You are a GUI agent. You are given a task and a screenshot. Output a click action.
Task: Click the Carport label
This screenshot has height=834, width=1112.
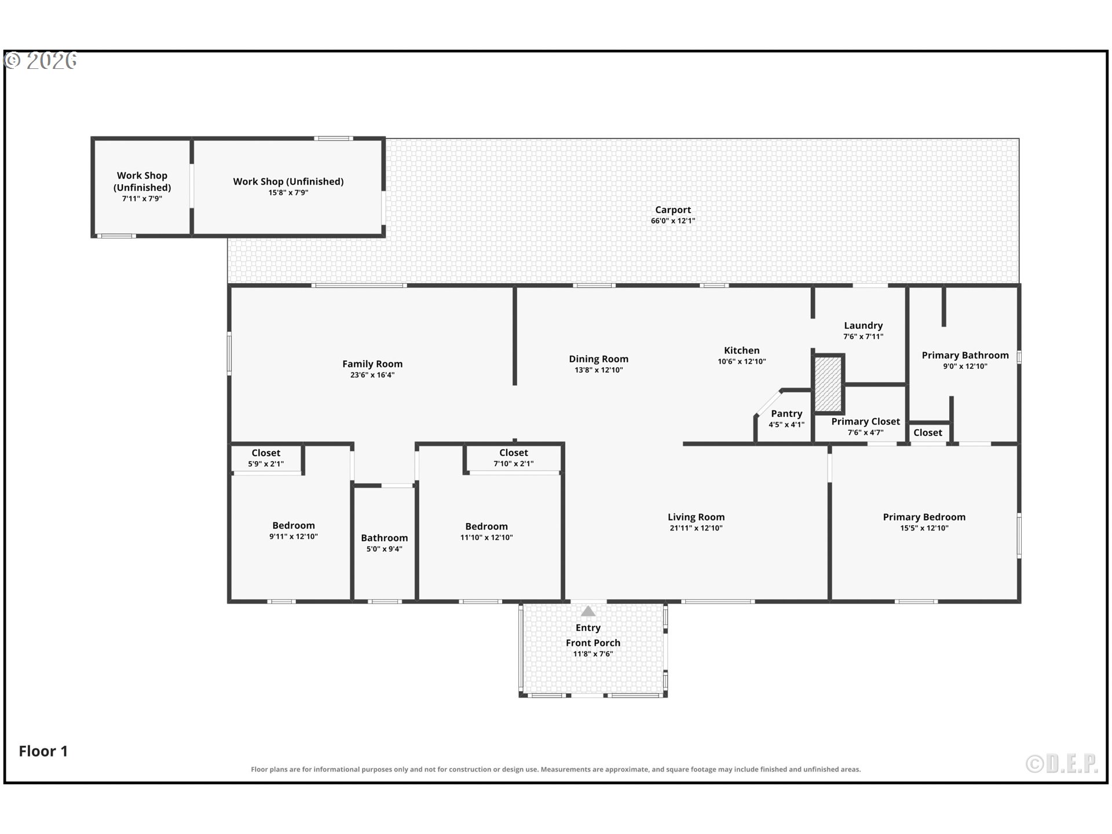point(673,210)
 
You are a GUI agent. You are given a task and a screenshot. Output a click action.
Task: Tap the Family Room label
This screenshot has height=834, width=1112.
point(372,364)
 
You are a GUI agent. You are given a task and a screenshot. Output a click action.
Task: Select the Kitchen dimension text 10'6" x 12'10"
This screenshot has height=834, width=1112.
point(742,361)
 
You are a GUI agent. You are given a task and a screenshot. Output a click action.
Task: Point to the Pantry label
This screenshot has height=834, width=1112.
point(787,414)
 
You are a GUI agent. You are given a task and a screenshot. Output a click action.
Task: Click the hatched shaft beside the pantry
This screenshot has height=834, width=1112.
point(828,383)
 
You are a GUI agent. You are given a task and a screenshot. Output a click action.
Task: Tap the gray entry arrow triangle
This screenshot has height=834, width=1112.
point(588,611)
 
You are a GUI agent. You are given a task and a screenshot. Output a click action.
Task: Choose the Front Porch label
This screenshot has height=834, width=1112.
point(593,643)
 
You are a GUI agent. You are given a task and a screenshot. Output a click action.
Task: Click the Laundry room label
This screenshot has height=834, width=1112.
point(864,325)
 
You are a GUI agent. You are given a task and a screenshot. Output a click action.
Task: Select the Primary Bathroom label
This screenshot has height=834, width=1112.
point(965,355)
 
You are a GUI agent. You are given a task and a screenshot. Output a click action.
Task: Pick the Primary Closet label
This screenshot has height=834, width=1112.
point(866,422)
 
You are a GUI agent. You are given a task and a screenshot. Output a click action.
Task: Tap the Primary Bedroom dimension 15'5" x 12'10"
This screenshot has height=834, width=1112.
point(924,528)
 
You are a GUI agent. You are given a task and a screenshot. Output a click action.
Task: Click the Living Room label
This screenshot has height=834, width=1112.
point(696,517)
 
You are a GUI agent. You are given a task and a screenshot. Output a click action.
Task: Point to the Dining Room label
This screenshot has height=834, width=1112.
point(599,359)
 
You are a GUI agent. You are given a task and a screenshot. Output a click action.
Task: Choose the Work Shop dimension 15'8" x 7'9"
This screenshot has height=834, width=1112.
point(288,193)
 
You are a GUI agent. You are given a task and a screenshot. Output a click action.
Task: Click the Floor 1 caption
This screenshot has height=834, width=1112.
point(43,751)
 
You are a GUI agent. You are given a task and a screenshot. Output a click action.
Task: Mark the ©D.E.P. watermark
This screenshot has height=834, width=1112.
point(1062,764)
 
